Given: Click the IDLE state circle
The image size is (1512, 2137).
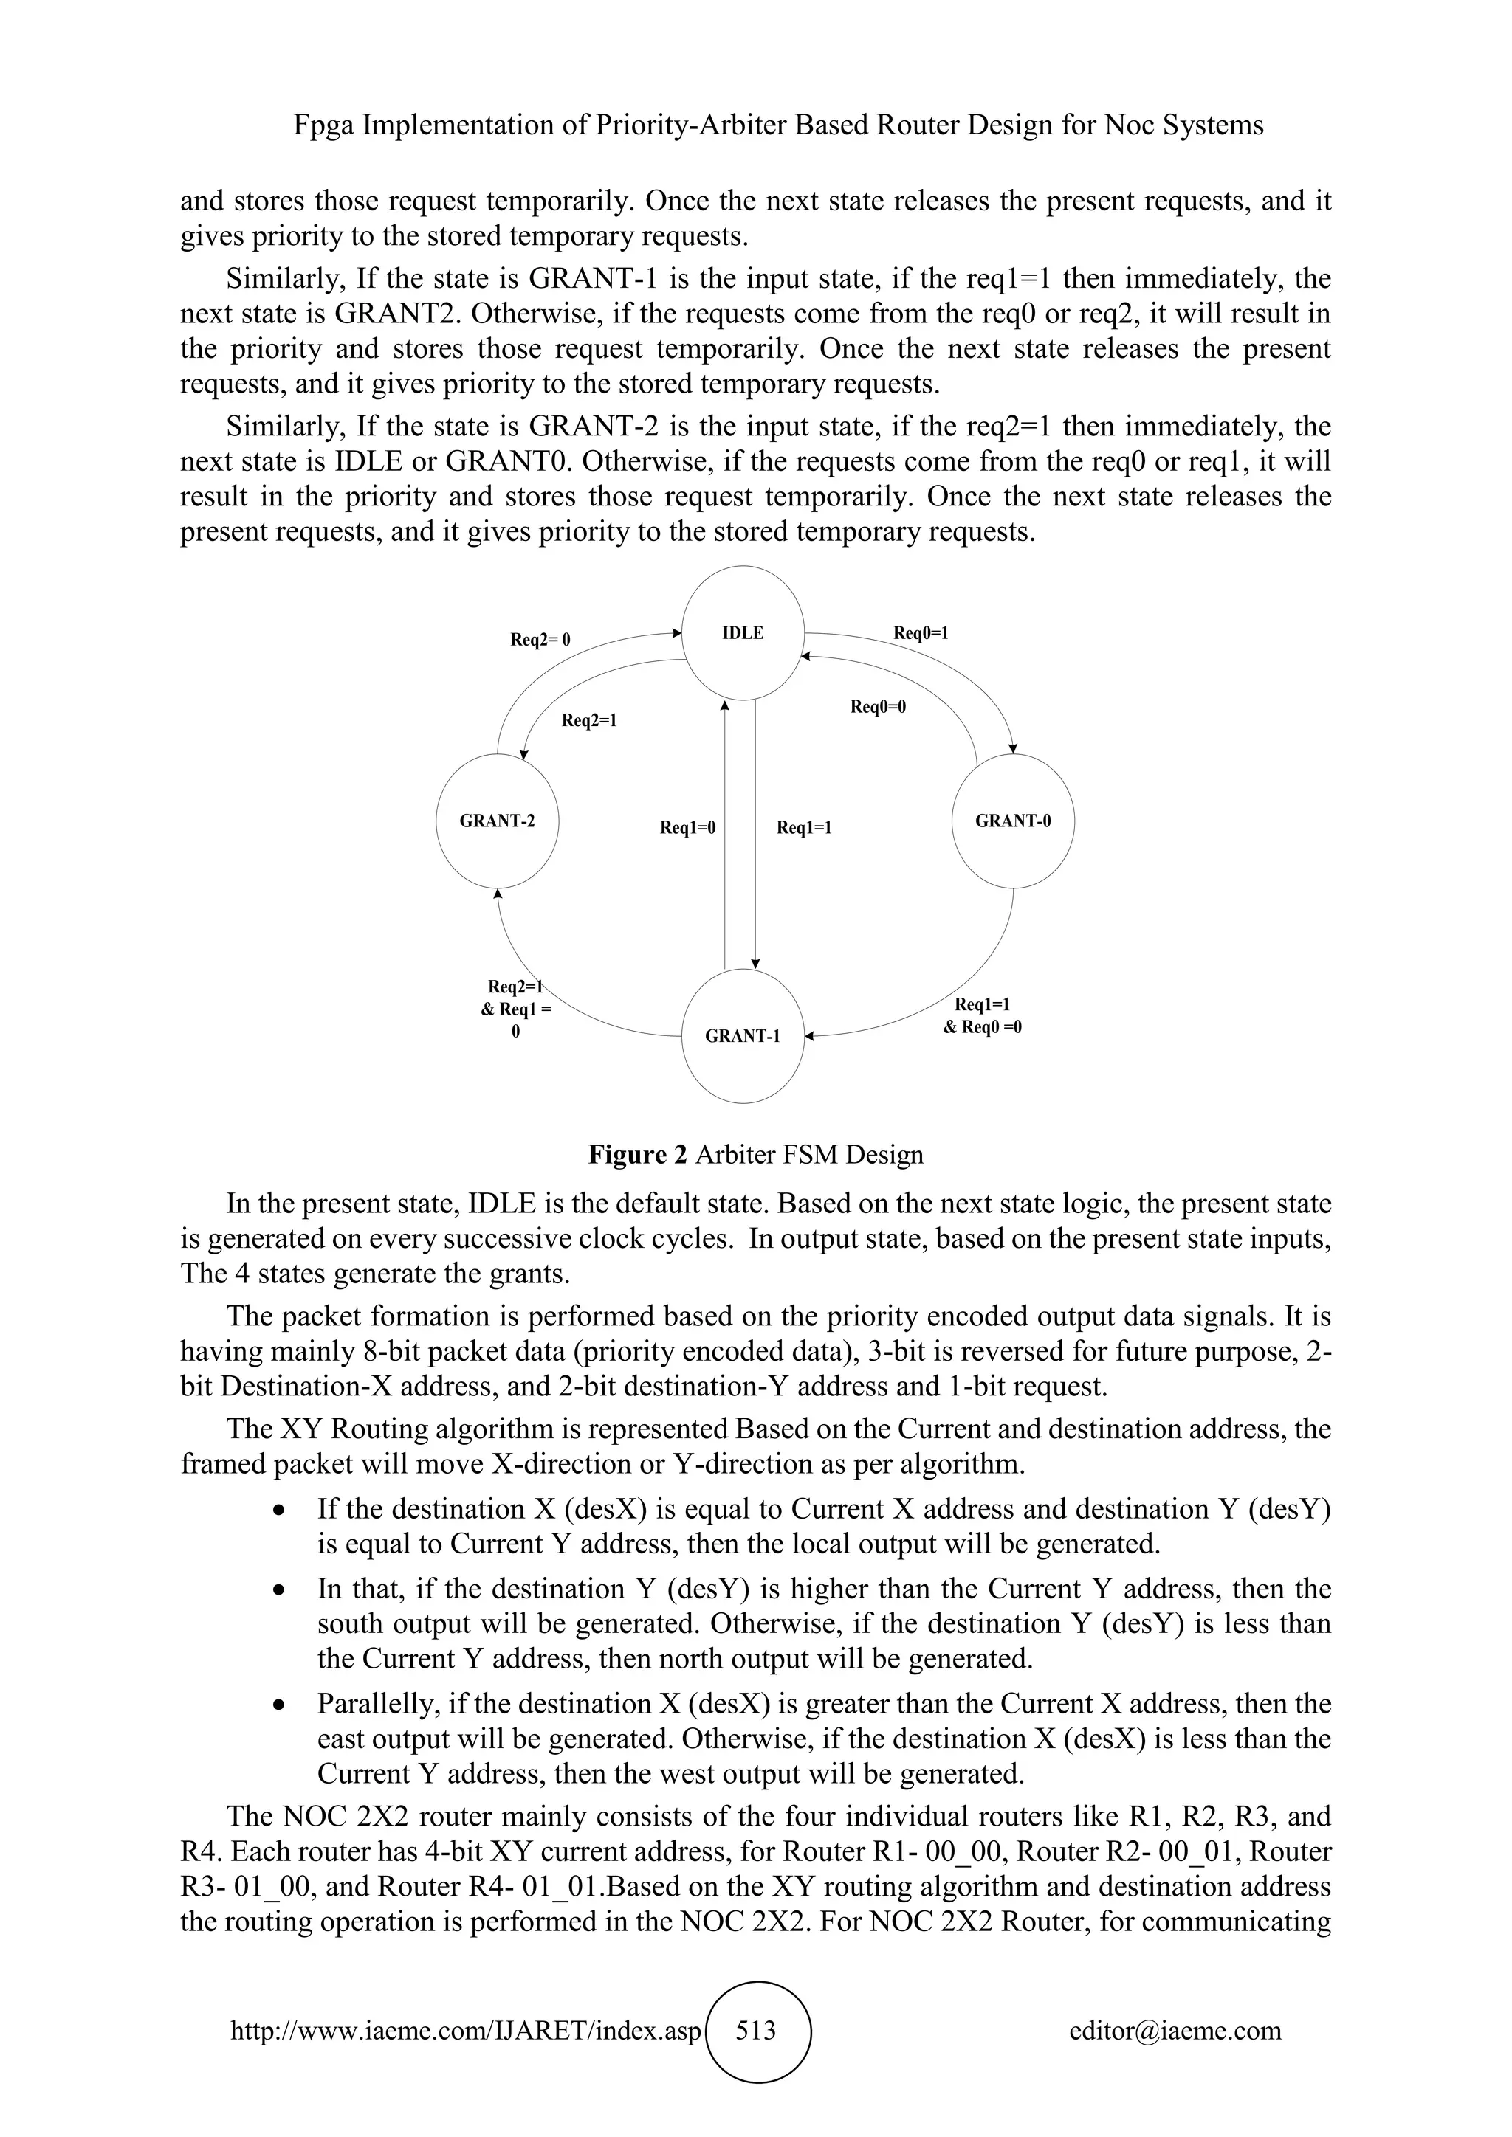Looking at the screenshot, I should (x=743, y=633).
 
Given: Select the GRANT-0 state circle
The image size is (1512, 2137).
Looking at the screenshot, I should (x=1013, y=821).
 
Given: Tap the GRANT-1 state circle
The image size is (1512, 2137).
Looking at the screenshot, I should (x=743, y=1036).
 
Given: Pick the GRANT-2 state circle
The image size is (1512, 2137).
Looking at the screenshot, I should (x=497, y=821).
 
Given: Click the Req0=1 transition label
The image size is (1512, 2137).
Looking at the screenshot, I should (x=921, y=633).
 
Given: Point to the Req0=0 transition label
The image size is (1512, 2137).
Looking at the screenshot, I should (x=878, y=706).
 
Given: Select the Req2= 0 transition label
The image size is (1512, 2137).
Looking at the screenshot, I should (x=540, y=640).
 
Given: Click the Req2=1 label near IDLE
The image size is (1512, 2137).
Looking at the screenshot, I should (x=589, y=720).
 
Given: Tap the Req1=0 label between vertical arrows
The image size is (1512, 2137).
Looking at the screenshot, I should (x=687, y=827).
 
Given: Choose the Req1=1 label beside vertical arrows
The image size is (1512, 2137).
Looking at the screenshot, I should (x=803, y=827).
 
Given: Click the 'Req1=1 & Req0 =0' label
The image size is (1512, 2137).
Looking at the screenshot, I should (x=982, y=1016).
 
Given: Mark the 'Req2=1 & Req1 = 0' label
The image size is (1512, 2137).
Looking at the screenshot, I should (x=516, y=1009).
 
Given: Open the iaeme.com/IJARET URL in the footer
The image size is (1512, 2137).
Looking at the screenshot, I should (x=464, y=2031).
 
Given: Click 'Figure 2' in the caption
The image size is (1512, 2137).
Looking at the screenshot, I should (x=638, y=1155).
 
